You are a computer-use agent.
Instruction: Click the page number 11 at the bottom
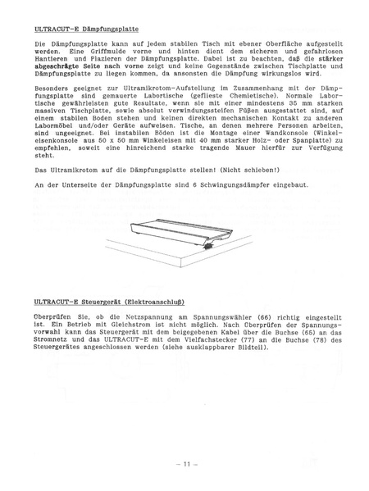[187, 463]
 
